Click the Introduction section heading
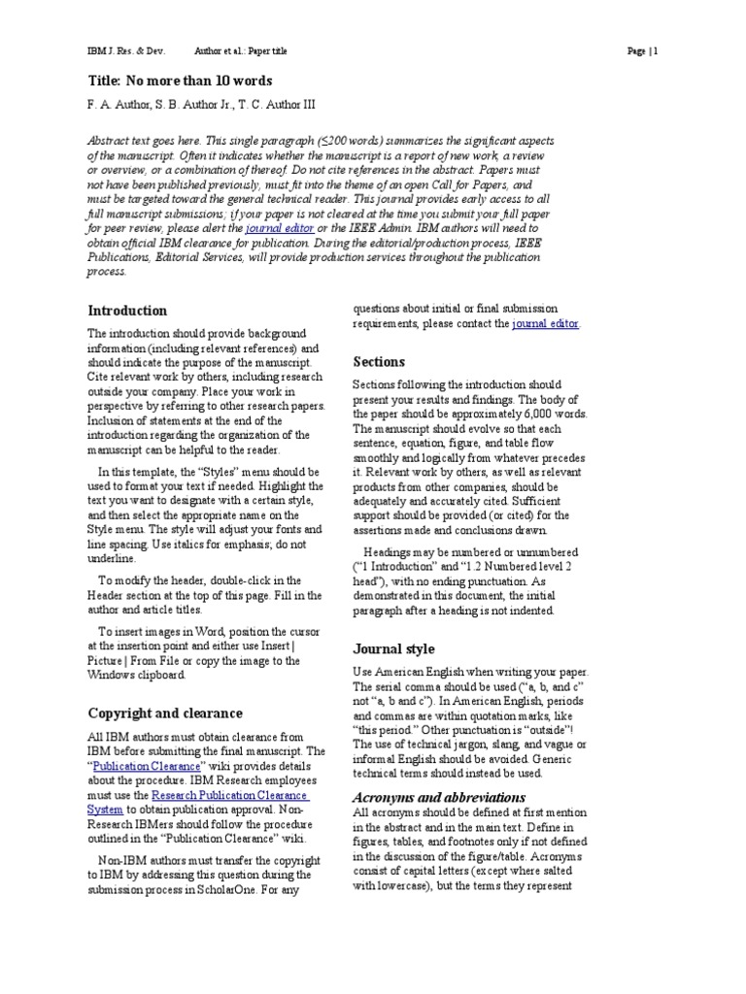(127, 311)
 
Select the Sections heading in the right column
(379, 362)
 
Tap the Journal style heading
(393, 648)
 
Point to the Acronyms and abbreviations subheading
(424, 797)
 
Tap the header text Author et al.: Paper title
(241, 50)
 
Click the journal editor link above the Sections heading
(545, 323)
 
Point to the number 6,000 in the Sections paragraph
(545, 414)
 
